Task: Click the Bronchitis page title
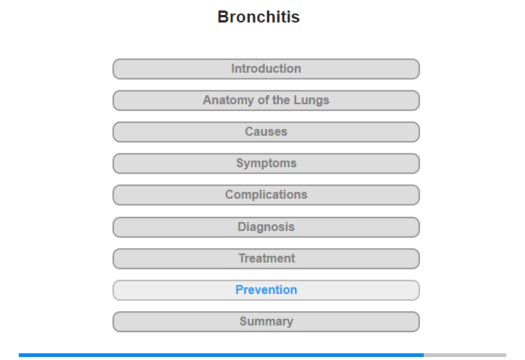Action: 259,16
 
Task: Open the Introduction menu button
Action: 266,69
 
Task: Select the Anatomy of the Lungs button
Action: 266,100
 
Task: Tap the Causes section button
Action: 266,132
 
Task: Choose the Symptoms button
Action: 266,163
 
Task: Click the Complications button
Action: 266,195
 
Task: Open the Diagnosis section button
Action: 266,227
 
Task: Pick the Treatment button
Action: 266,259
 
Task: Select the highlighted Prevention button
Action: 266,290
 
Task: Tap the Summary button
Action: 266,322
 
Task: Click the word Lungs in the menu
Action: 311,100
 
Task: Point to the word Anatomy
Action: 228,100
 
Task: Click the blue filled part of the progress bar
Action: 221,355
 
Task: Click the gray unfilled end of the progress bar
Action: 465,355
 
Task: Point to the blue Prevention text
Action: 266,289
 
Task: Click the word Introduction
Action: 266,69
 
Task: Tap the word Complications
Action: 266,194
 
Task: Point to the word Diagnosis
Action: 266,226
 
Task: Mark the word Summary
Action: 266,322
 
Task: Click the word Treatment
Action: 267,258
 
